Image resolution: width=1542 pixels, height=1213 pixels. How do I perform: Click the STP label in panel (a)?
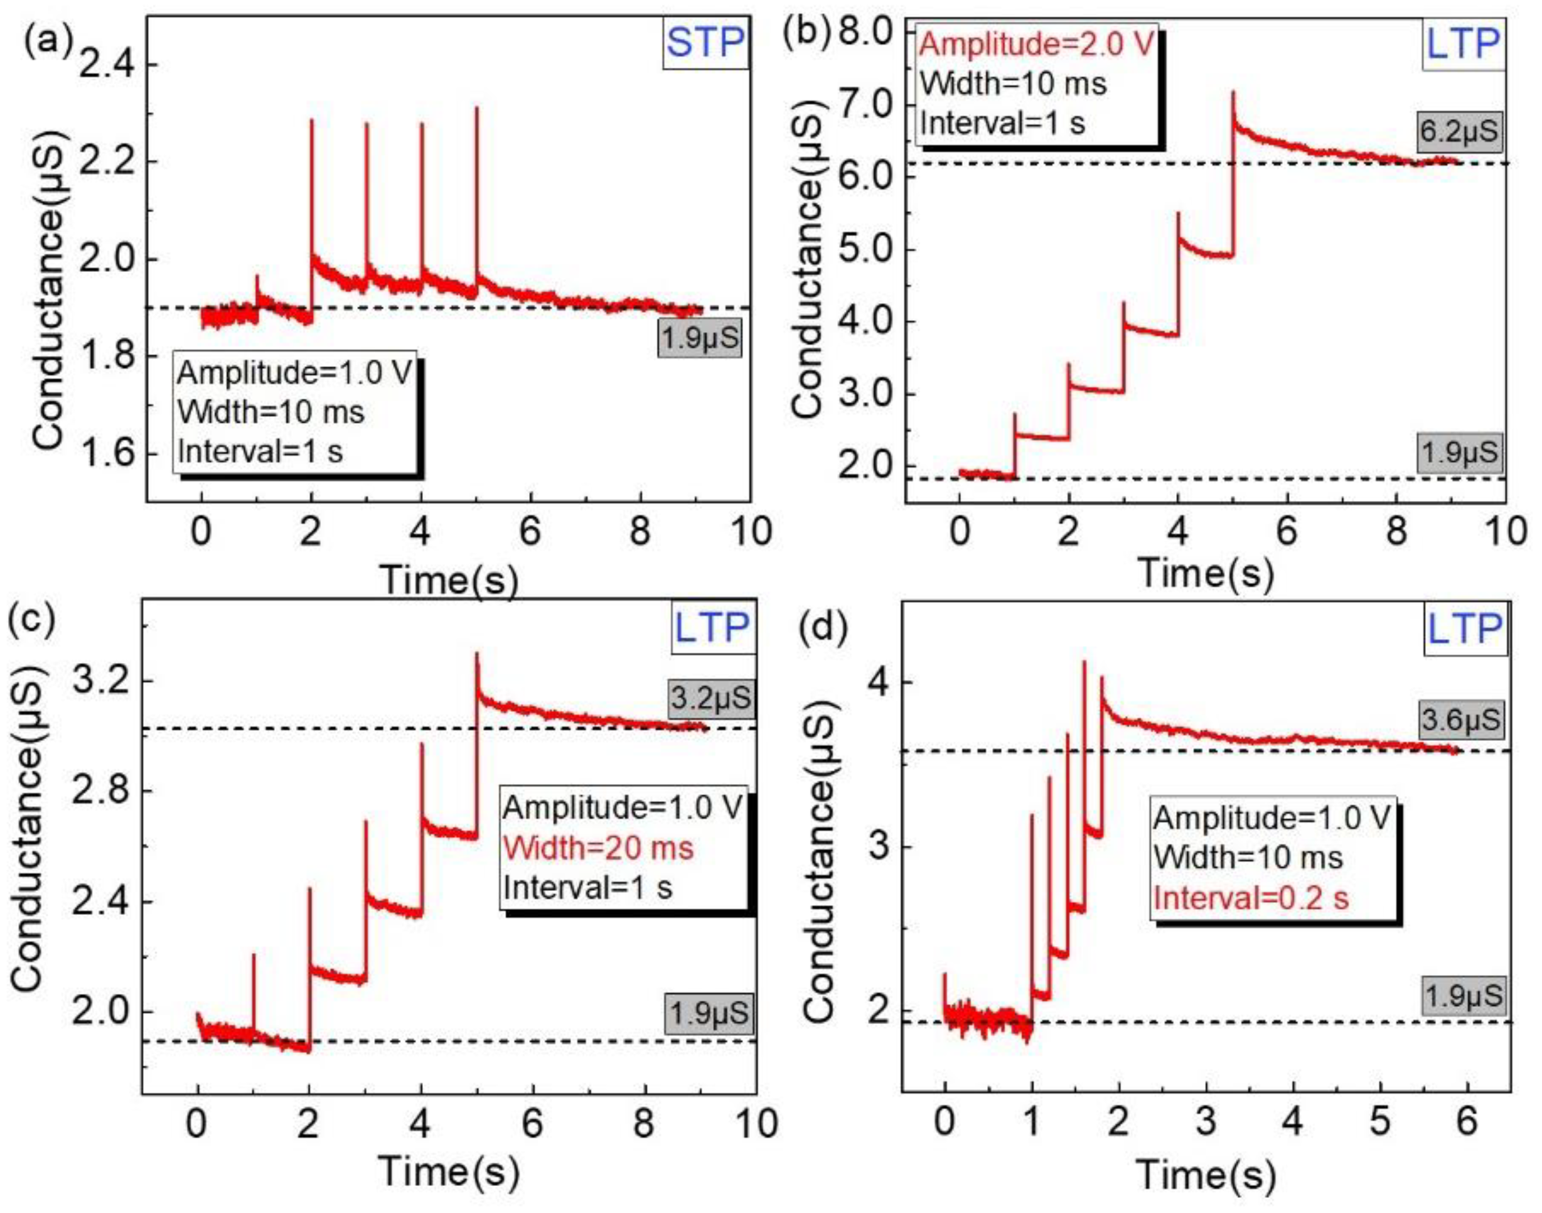(x=705, y=43)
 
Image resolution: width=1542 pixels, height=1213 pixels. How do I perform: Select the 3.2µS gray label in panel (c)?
(x=710, y=698)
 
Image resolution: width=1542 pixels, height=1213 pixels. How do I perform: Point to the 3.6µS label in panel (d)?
(x=1461, y=720)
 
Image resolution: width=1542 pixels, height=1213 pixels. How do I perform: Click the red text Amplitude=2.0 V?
(x=1037, y=44)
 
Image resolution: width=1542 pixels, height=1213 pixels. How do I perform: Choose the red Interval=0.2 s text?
(x=1250, y=898)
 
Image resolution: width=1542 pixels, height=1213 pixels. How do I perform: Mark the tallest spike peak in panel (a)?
(x=477, y=109)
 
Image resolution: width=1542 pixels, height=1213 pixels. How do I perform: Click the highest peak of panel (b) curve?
(x=1233, y=92)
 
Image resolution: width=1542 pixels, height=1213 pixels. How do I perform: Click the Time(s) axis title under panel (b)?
(x=1206, y=572)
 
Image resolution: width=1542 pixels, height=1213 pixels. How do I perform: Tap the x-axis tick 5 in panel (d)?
(x=1380, y=1123)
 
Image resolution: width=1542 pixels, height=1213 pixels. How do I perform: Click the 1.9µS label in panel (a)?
(x=700, y=339)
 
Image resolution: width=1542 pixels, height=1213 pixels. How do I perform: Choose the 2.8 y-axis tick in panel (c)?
(x=104, y=792)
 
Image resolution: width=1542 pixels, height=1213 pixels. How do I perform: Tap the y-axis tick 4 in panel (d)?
(x=878, y=683)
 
